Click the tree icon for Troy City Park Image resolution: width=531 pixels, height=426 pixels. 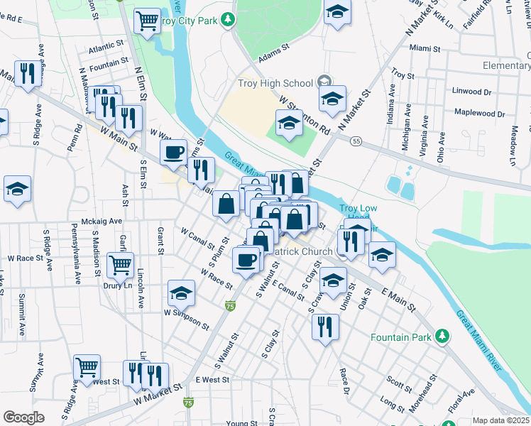[229, 21]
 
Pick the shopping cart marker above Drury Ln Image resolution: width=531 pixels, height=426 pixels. [120, 265]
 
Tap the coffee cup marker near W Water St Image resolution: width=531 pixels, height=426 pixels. [173, 151]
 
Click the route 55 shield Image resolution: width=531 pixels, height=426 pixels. [356, 141]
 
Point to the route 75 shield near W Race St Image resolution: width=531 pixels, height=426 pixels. [229, 305]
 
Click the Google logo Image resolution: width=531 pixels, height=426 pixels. [23, 417]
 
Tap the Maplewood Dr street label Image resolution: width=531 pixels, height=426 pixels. [479, 114]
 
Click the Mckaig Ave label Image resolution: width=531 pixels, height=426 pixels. [102, 221]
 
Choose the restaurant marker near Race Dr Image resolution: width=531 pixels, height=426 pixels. [325, 327]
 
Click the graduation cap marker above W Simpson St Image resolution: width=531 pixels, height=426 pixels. [181, 292]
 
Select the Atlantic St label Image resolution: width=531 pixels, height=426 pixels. [106, 50]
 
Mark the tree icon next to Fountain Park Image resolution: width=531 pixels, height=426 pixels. [442, 334]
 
